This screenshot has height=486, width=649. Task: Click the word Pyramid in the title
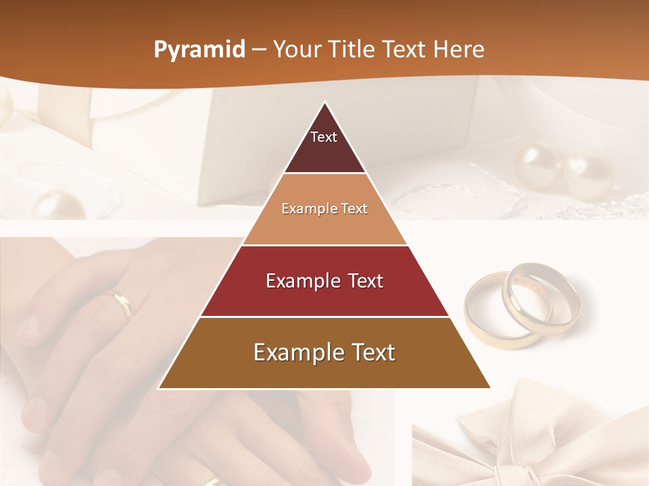click(199, 50)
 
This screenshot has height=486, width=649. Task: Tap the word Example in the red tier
click(302, 281)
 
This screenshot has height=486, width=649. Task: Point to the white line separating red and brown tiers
click(324, 317)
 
